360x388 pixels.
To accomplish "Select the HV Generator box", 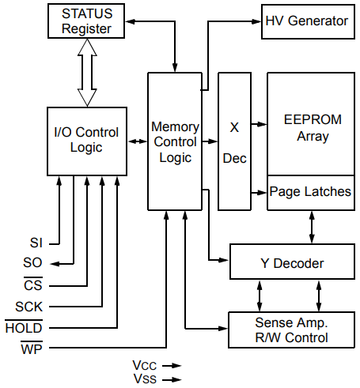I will click(306, 20).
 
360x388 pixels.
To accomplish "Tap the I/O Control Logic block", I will click(87, 141).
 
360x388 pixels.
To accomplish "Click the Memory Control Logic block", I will click(174, 141).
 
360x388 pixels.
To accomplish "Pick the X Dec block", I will click(234, 141).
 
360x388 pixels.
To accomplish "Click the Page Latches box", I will click(310, 192).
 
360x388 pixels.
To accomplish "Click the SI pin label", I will click(36, 243).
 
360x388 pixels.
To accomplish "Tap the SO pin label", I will click(33, 263).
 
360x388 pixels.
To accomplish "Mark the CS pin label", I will click(33, 285).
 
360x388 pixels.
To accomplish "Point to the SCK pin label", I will click(29, 306).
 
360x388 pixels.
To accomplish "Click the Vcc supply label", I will click(145, 365).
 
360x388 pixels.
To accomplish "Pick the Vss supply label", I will click(145, 379).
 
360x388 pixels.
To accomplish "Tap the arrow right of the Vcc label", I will click(172, 365).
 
